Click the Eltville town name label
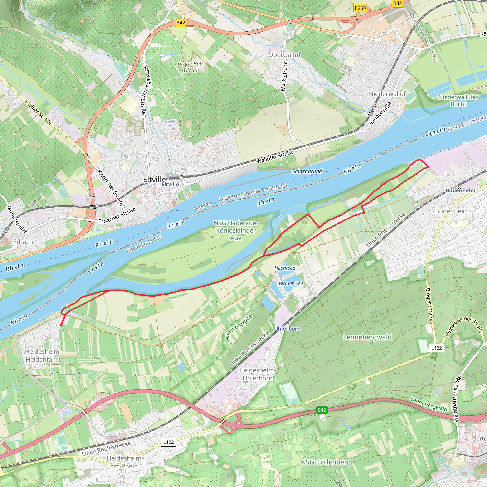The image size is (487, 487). click(x=154, y=180)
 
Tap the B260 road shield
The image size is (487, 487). click(x=360, y=8)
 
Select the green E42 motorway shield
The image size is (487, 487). click(x=322, y=410)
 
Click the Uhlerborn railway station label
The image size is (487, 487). click(x=287, y=329)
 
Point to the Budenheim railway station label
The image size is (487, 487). click(x=460, y=190)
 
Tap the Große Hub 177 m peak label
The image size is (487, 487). click(x=190, y=67)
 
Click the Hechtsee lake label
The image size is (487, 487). click(x=285, y=268)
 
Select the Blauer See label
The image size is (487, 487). click(x=291, y=284)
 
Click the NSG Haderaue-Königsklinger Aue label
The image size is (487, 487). click(x=236, y=230)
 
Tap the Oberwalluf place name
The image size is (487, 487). click(x=284, y=55)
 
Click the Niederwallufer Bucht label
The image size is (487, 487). click(x=458, y=100)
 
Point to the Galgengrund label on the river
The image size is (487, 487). click(x=307, y=171)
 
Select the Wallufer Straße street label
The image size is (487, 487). click(x=275, y=156)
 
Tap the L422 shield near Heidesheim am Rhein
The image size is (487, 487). click(x=168, y=442)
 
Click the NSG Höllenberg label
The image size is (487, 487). click(x=326, y=462)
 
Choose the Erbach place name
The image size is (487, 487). click(x=23, y=242)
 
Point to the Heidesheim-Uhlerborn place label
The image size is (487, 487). click(x=257, y=374)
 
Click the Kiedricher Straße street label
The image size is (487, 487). click(x=110, y=188)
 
